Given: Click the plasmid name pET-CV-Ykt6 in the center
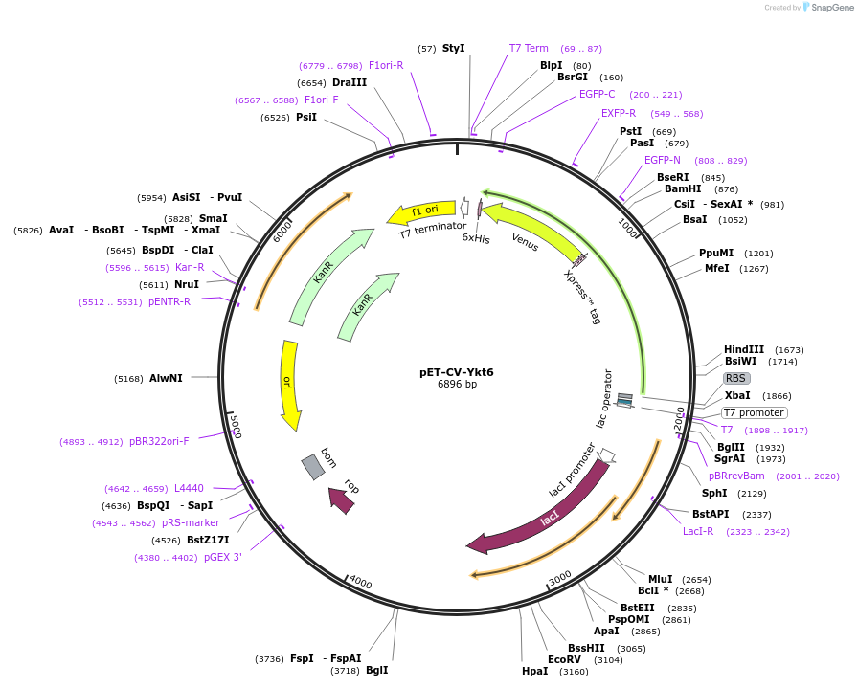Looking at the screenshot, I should click(x=457, y=372).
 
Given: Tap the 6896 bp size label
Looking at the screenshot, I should click(x=457, y=385).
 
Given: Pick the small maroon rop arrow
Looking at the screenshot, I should click(x=342, y=499).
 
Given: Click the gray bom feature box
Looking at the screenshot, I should click(x=313, y=466).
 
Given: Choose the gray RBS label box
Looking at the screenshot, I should click(x=736, y=378).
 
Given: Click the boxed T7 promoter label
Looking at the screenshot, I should click(x=754, y=412).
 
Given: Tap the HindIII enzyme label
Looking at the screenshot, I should click(x=744, y=349).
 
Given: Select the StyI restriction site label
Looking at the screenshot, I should click(x=454, y=48).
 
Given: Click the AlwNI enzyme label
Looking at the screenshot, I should click(x=165, y=378).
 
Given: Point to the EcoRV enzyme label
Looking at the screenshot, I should click(x=564, y=659).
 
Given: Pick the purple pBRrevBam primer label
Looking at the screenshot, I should click(x=736, y=476).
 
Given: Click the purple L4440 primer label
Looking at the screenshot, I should click(x=189, y=488).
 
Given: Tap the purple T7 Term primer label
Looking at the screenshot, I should click(x=529, y=48).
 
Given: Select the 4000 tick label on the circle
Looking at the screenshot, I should click(x=360, y=582).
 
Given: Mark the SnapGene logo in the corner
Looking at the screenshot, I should click(x=824, y=8).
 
